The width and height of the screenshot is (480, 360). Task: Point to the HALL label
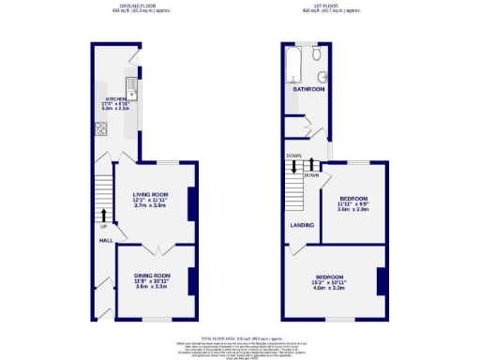coord(106,240)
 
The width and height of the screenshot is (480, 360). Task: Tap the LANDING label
coord(300,225)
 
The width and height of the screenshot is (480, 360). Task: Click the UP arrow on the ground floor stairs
coord(103,216)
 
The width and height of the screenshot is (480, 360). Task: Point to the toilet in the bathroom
coord(321,77)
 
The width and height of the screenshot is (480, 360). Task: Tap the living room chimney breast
coord(191,203)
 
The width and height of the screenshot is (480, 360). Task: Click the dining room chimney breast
coord(191,282)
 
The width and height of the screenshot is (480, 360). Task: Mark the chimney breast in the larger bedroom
coord(382,281)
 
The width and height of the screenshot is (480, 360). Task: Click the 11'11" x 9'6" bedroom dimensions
coord(352,204)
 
